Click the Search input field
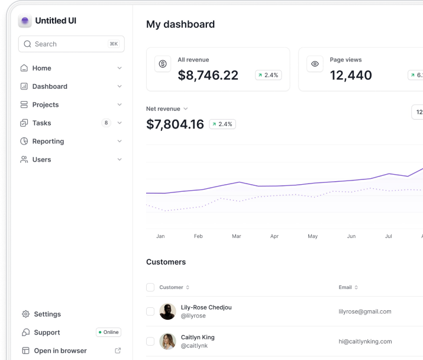tap(71, 44)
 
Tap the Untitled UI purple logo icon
tap(25, 21)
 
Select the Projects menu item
tap(46, 105)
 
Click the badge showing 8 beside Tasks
tap(106, 123)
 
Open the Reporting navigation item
tap(48, 142)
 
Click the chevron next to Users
tap(120, 159)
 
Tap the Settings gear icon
tap(25, 314)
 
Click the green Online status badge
tap(108, 332)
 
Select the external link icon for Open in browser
tap(118, 351)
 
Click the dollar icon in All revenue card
tap(163, 64)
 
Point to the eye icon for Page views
tap(315, 64)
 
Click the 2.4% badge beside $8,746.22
tap(268, 75)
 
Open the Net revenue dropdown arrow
tap(186, 108)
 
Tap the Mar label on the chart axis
tap(236, 236)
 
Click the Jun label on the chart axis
tap(351, 236)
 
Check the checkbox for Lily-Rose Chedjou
tap(150, 311)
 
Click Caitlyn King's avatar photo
tap(167, 342)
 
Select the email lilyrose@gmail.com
tap(365, 311)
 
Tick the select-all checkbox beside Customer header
tap(150, 287)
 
